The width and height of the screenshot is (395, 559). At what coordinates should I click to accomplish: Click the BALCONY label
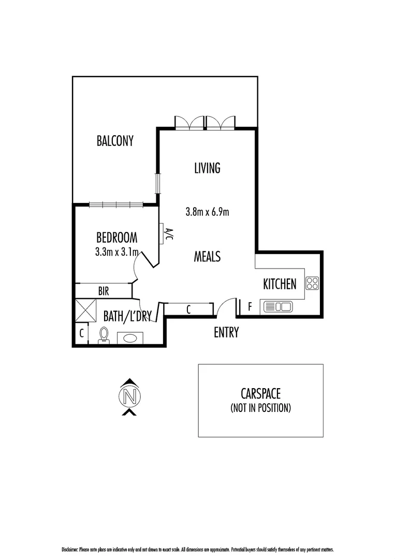[115, 141]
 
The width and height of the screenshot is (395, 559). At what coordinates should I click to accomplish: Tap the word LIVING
[207, 168]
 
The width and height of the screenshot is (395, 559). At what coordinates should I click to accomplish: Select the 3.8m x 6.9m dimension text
[207, 212]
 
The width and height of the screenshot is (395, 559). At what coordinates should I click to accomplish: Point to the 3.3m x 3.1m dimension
[116, 253]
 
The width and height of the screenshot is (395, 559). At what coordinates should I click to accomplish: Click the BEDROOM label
[116, 238]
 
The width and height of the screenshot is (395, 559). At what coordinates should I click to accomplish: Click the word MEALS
[207, 256]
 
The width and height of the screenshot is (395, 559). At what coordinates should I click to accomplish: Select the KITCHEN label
[280, 284]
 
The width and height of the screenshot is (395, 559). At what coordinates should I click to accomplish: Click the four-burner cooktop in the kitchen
[312, 284]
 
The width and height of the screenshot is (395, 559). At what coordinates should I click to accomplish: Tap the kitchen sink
[278, 306]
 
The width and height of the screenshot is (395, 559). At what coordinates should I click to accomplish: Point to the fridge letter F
[250, 306]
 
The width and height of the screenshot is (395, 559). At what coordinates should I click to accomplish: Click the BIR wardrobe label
[104, 291]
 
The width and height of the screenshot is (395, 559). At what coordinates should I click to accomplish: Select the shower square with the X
[86, 311]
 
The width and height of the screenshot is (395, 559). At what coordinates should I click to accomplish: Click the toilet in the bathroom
[104, 335]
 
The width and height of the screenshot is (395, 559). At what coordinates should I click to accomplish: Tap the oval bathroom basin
[130, 338]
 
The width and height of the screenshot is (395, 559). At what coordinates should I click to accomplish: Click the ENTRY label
[226, 333]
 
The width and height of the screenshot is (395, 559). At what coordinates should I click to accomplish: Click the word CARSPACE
[260, 393]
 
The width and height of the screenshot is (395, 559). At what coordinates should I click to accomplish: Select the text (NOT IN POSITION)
[260, 408]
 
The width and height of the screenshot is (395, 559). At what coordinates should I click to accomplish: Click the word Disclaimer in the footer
[70, 550]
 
